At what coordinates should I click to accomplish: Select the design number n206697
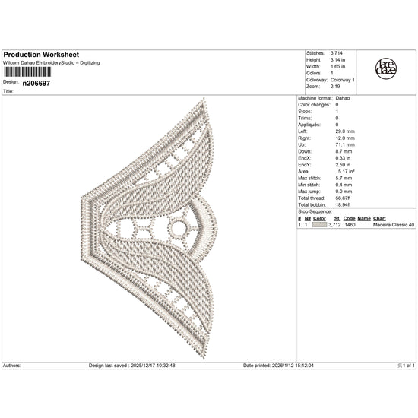(x=36, y=81)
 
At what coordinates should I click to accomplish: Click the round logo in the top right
(x=385, y=69)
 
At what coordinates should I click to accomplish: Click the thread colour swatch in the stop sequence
(x=319, y=225)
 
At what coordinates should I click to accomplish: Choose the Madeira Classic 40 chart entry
(x=394, y=225)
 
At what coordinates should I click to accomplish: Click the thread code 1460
(x=350, y=225)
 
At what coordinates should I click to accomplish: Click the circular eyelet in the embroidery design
(x=178, y=226)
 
